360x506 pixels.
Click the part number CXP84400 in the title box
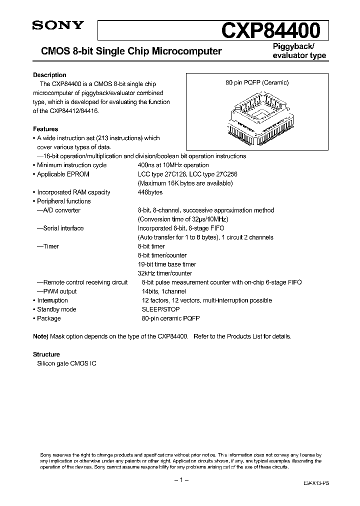pyautogui.click(x=270, y=30)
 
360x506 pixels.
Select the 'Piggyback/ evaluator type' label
pyautogui.click(x=299, y=51)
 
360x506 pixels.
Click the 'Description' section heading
pyautogui.click(x=49, y=75)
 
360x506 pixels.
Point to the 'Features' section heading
pyautogui.click(x=45, y=129)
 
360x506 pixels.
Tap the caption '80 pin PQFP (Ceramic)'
pyautogui.click(x=257, y=83)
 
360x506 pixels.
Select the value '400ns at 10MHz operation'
pyautogui.click(x=173, y=165)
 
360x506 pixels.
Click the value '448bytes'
pyautogui.click(x=150, y=192)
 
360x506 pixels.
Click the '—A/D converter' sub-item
pyautogui.click(x=58, y=210)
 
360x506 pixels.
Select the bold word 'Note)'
pyautogui.click(x=41, y=336)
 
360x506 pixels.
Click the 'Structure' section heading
pyautogui.click(x=46, y=354)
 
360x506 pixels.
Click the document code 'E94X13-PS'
pyautogui.click(x=316, y=484)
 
